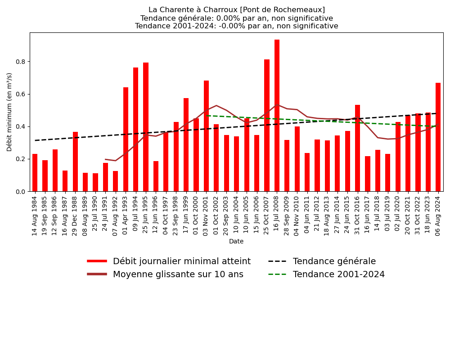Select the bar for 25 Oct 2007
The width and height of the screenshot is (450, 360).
tap(267, 126)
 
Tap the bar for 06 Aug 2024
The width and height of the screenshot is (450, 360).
tap(438, 137)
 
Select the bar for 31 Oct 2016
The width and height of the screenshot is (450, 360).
tap(357, 148)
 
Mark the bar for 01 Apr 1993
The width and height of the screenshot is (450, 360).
tap(126, 139)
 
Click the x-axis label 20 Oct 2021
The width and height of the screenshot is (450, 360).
tap(408, 215)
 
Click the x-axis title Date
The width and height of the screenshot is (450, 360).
tap(236, 242)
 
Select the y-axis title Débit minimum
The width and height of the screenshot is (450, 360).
tap(9, 112)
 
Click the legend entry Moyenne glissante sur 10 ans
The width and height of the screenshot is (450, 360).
tap(178, 274)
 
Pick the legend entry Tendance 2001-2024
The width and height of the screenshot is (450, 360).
tap(338, 274)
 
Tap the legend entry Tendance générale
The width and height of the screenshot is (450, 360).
tap(334, 261)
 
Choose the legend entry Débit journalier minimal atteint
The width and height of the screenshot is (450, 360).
tap(181, 261)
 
